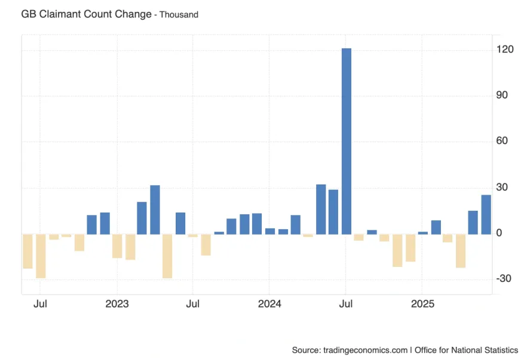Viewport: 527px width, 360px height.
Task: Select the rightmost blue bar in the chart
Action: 486,214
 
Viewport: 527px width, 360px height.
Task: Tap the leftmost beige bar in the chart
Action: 27,251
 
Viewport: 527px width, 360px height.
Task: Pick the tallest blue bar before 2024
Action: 155,210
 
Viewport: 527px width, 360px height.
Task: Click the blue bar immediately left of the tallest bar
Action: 333,212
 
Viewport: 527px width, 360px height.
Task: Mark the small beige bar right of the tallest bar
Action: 359,237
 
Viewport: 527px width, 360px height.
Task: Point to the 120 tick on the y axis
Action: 504,50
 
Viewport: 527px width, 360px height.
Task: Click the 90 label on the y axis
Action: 502,96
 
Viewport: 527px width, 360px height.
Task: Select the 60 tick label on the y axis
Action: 502,141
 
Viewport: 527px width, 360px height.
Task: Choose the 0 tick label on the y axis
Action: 500,233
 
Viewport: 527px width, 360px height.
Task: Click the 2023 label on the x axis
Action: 117,304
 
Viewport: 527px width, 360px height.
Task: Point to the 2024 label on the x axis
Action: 269,304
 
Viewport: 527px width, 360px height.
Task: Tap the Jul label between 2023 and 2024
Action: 192,304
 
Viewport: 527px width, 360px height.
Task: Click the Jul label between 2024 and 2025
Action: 346,304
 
